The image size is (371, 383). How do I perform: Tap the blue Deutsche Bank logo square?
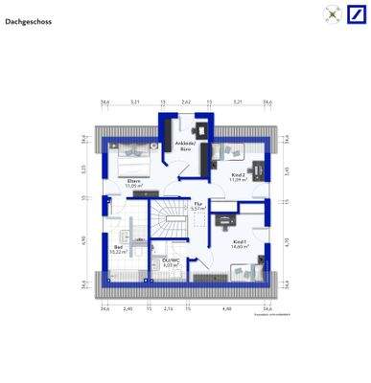pyautogui.click(x=356, y=15)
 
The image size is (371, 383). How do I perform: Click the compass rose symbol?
pyautogui.click(x=332, y=14)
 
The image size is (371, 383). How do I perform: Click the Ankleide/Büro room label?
pyautogui.click(x=184, y=146)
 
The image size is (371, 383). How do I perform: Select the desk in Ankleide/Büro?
pyautogui.click(x=203, y=128)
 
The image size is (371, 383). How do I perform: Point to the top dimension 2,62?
pyautogui.click(x=186, y=101)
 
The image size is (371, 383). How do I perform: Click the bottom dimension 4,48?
pyautogui.click(x=227, y=308)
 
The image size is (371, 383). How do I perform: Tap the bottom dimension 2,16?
pyautogui.click(x=169, y=308)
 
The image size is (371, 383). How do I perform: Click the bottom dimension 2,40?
pyautogui.click(x=128, y=308)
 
